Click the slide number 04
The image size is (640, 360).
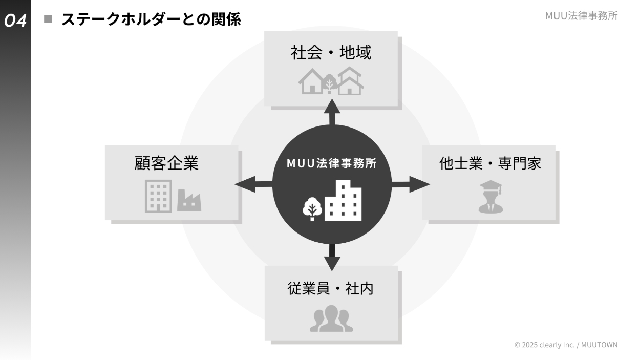pyautogui.click(x=15, y=20)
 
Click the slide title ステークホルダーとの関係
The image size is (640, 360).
pyautogui.click(x=151, y=20)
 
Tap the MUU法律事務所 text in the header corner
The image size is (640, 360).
pyautogui.click(x=581, y=16)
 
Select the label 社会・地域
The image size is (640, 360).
pyautogui.click(x=331, y=52)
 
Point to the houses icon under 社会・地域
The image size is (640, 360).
pyautogui.click(x=331, y=81)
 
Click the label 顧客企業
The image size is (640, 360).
pyautogui.click(x=166, y=163)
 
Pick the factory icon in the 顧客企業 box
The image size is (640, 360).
pyautogui.click(x=189, y=200)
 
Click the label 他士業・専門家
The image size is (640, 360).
pyautogui.click(x=490, y=163)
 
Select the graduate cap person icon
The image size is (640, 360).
pyautogui.click(x=490, y=197)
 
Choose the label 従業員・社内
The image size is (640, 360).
pyautogui.click(x=331, y=288)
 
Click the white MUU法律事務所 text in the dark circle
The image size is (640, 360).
pyautogui.click(x=332, y=163)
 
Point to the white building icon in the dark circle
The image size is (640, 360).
pyautogui.click(x=344, y=201)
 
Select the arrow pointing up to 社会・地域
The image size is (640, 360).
pyautogui.click(x=332, y=111)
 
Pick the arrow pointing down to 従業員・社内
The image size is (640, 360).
pyautogui.click(x=332, y=258)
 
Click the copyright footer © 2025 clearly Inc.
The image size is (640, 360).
pyautogui.click(x=566, y=345)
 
